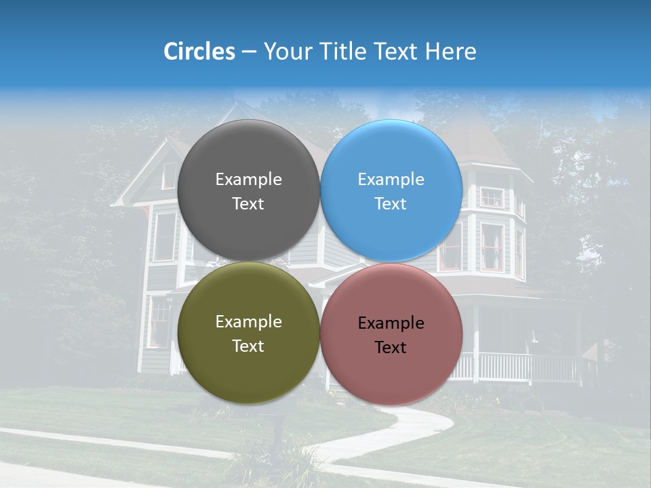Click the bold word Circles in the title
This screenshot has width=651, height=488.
199,52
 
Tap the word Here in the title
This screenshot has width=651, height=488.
451,52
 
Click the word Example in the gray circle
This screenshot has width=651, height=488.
248,179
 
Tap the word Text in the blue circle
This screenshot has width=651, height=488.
391,204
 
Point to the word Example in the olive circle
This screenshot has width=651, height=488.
248,321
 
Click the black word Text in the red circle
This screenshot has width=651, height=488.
391,348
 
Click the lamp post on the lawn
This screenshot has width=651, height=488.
277,427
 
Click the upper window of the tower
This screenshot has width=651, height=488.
492,197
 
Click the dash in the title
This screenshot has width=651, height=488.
249,52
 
